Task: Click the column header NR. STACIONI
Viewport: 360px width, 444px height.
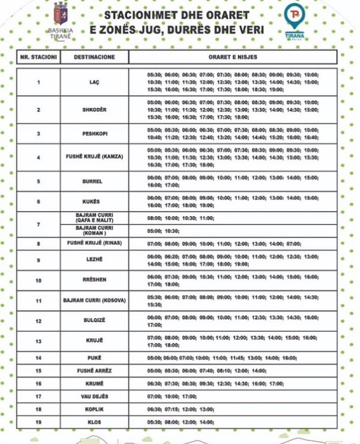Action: click(x=38, y=57)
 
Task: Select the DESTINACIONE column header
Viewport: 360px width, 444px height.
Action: click(x=94, y=57)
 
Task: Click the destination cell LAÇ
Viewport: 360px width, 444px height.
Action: click(x=94, y=82)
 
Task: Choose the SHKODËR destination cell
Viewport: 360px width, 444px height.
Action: click(x=94, y=110)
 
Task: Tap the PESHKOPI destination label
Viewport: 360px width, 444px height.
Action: click(x=94, y=133)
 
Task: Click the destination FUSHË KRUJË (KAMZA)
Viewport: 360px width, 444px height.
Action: click(x=94, y=157)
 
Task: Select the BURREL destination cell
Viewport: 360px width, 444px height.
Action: click(x=94, y=181)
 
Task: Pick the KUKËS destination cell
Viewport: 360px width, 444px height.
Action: click(x=94, y=202)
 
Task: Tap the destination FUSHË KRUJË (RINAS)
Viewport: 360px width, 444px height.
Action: click(x=94, y=244)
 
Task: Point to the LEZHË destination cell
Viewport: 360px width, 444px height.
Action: click(x=94, y=260)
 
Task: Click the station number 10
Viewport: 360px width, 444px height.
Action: click(x=38, y=280)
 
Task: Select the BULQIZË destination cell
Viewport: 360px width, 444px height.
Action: click(x=94, y=321)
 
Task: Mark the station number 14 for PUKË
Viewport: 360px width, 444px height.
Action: click(x=38, y=358)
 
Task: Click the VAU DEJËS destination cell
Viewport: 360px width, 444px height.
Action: click(x=94, y=396)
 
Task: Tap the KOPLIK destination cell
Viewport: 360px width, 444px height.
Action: click(x=94, y=409)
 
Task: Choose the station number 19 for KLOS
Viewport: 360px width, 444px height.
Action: click(x=38, y=422)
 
